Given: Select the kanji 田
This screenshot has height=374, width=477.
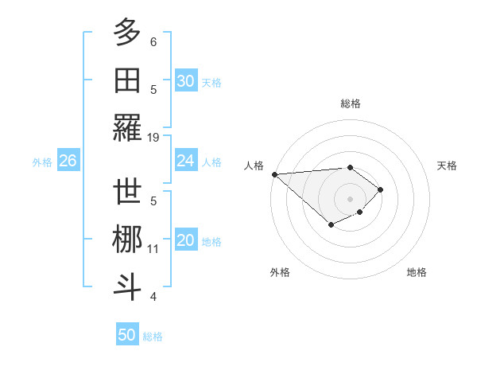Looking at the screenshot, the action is tap(127, 80).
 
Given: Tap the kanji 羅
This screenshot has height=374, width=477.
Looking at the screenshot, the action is tap(127, 127).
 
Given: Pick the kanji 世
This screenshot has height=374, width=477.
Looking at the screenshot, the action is tap(127, 192).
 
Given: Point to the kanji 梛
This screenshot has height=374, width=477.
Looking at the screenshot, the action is tap(127, 240).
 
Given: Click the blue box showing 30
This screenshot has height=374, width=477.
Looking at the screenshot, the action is tap(185, 80).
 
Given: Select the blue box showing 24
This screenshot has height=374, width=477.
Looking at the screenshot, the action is tap(185, 161).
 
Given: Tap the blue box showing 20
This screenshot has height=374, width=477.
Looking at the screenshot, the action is tap(185, 241).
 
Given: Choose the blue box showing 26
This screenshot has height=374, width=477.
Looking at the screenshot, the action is tap(68, 161).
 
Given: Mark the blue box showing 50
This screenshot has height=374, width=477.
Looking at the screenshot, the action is tap(127, 335).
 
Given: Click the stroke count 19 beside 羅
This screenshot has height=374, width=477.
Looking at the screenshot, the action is tap(153, 137).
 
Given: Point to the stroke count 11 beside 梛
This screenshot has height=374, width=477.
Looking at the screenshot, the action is tap(153, 249).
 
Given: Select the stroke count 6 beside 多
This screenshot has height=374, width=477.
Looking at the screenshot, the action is tap(153, 41).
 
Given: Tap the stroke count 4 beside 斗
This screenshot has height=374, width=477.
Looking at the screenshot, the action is tap(153, 297).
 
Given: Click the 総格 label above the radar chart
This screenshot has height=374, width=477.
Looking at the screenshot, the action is tap(350, 103).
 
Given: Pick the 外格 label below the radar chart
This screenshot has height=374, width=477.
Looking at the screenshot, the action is tap(279, 272).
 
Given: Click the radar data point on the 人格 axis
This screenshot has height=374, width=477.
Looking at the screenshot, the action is tap(273, 173).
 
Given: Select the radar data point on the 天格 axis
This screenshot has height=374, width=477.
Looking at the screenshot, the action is tap(381, 189).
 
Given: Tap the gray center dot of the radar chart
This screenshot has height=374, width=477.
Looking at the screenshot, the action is tap(350, 198).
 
